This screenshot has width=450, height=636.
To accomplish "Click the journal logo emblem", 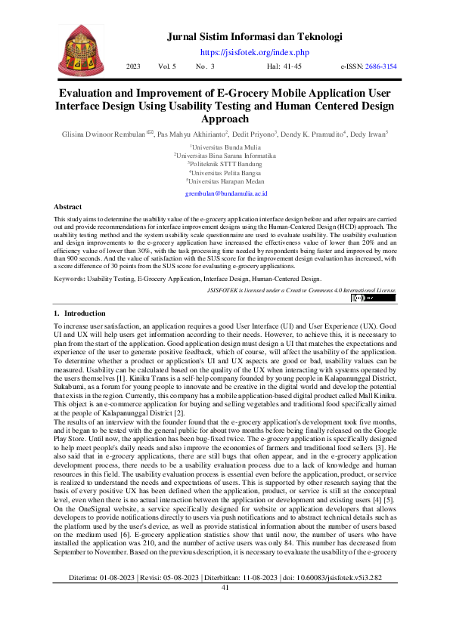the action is [80, 48].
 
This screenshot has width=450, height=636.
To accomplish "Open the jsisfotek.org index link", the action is [254, 52].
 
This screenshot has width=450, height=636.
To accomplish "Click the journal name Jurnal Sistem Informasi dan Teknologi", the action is [254, 36].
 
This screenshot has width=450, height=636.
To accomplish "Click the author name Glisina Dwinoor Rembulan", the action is [104, 134].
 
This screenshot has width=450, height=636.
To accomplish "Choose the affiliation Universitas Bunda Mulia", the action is [225, 146].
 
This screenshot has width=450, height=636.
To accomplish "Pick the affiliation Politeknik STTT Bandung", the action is [225, 164].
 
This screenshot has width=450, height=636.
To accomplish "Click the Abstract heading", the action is [68, 206].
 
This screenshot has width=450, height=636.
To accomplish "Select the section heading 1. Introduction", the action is [80, 313].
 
